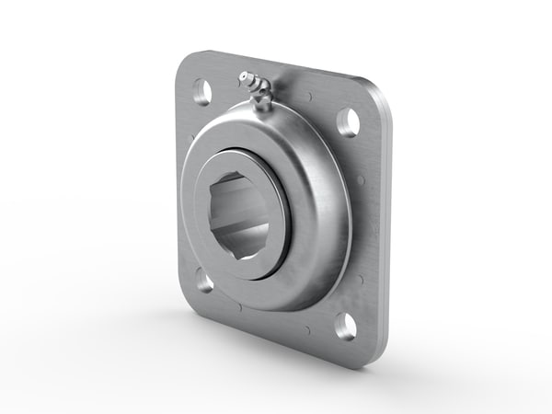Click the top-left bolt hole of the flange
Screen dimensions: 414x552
pos(201,90)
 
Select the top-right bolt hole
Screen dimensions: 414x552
pos(348,122)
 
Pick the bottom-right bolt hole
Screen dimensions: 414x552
pos(345,325)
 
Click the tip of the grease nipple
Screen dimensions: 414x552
pos(244,77)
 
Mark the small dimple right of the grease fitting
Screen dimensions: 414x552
pos(308,96)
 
